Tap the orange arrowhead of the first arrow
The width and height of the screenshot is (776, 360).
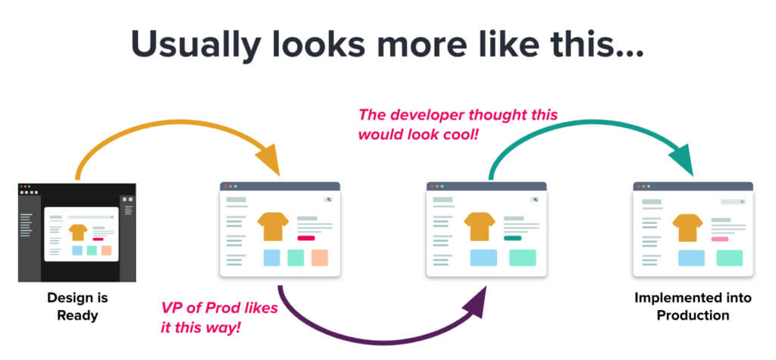pos(267,161)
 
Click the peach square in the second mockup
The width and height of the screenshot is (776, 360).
pos(319,258)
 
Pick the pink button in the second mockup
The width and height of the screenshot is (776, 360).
pos(305,237)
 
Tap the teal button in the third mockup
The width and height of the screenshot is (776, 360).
pos(512,237)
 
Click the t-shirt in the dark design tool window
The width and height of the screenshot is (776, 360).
pos(77,231)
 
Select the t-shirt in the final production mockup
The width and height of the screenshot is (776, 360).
pos(687,227)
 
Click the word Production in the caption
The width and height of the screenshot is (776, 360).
pos(693,314)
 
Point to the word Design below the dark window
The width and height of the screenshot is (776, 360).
pos(64,298)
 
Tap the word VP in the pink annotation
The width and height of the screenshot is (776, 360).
pos(172,308)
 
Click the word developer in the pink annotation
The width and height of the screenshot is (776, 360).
pos(439,115)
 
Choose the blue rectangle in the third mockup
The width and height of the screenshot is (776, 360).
pos(483,258)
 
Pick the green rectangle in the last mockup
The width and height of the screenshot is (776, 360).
pos(729,258)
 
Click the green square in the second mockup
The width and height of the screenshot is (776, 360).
pos(296,258)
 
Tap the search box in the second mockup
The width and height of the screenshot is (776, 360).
pos(329,200)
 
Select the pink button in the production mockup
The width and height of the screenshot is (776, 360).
pos(720,238)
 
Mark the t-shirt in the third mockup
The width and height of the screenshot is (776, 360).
pos(480,226)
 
